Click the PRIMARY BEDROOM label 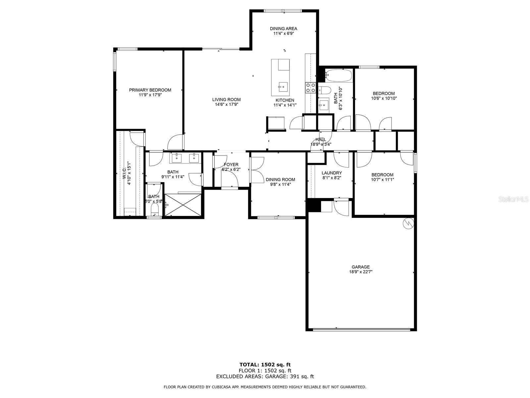click(150, 90)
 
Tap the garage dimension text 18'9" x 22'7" click(360, 272)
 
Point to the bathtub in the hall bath click(339, 76)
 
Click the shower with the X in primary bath click(183, 205)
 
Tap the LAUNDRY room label click(332, 173)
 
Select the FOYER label click(231, 165)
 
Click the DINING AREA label click(283, 29)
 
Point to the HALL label click(321, 139)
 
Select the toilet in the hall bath click(325, 90)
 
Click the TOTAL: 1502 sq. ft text click(265, 365)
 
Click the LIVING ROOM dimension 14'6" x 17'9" click(227, 104)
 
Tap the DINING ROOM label click(280, 179)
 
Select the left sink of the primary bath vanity click(177, 158)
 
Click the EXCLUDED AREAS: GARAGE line click(265, 376)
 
